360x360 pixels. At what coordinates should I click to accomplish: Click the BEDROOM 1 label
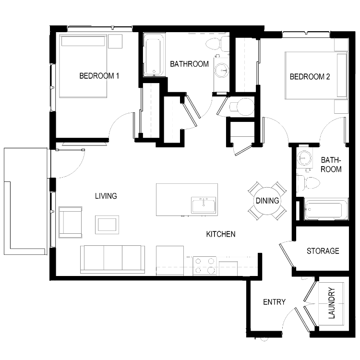[x=99, y=76]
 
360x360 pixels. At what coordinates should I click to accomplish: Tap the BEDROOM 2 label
[x=310, y=76]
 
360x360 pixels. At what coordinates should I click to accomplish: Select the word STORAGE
[x=323, y=251]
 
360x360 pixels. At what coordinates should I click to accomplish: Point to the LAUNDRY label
[x=332, y=303]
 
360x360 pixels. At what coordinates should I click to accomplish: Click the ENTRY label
[x=274, y=302]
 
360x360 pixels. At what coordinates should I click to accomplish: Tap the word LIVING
[x=106, y=196]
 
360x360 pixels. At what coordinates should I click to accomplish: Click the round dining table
[x=267, y=201]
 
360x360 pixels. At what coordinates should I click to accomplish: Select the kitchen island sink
[x=204, y=205]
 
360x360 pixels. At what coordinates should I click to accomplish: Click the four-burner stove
[x=204, y=266]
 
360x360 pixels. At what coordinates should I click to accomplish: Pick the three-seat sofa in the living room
[x=112, y=259]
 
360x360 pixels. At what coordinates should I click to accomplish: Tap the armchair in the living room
[x=71, y=222]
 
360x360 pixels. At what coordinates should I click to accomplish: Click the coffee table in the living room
[x=107, y=225]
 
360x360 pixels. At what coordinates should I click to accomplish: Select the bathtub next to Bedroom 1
[x=154, y=55]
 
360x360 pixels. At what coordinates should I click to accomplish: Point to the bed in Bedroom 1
[x=83, y=66]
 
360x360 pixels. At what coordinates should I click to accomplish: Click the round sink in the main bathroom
[x=222, y=70]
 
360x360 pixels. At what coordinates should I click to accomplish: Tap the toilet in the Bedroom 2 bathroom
[x=308, y=182]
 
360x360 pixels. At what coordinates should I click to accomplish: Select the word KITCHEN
[x=221, y=234]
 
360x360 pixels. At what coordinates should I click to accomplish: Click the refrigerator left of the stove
[x=170, y=260]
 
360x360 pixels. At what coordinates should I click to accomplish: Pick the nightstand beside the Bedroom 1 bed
[x=115, y=41]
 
